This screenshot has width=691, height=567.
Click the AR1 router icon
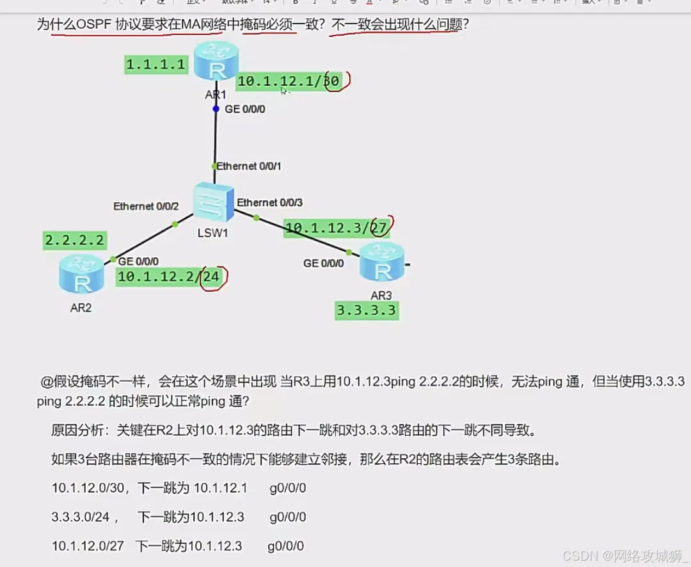(x=216, y=61)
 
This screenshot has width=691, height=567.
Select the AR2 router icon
(x=81, y=275)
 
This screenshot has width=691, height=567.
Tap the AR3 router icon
(x=382, y=264)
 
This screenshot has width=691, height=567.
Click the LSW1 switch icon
(x=212, y=202)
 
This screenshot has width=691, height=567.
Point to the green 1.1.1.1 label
(x=156, y=64)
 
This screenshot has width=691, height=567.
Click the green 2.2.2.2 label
(x=74, y=241)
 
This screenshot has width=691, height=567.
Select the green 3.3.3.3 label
(x=366, y=311)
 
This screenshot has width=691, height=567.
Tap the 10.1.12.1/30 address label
(x=288, y=81)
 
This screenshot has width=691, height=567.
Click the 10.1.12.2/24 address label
(x=169, y=277)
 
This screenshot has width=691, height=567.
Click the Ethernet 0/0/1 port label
(x=249, y=166)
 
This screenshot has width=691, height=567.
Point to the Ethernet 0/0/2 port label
(x=146, y=206)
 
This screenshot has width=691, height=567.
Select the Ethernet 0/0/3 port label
(x=270, y=203)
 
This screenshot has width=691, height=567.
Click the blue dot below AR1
(x=216, y=109)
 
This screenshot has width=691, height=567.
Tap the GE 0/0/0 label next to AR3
(x=324, y=263)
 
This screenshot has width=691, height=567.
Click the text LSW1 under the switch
(x=212, y=233)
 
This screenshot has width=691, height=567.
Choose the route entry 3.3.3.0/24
(x=81, y=517)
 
